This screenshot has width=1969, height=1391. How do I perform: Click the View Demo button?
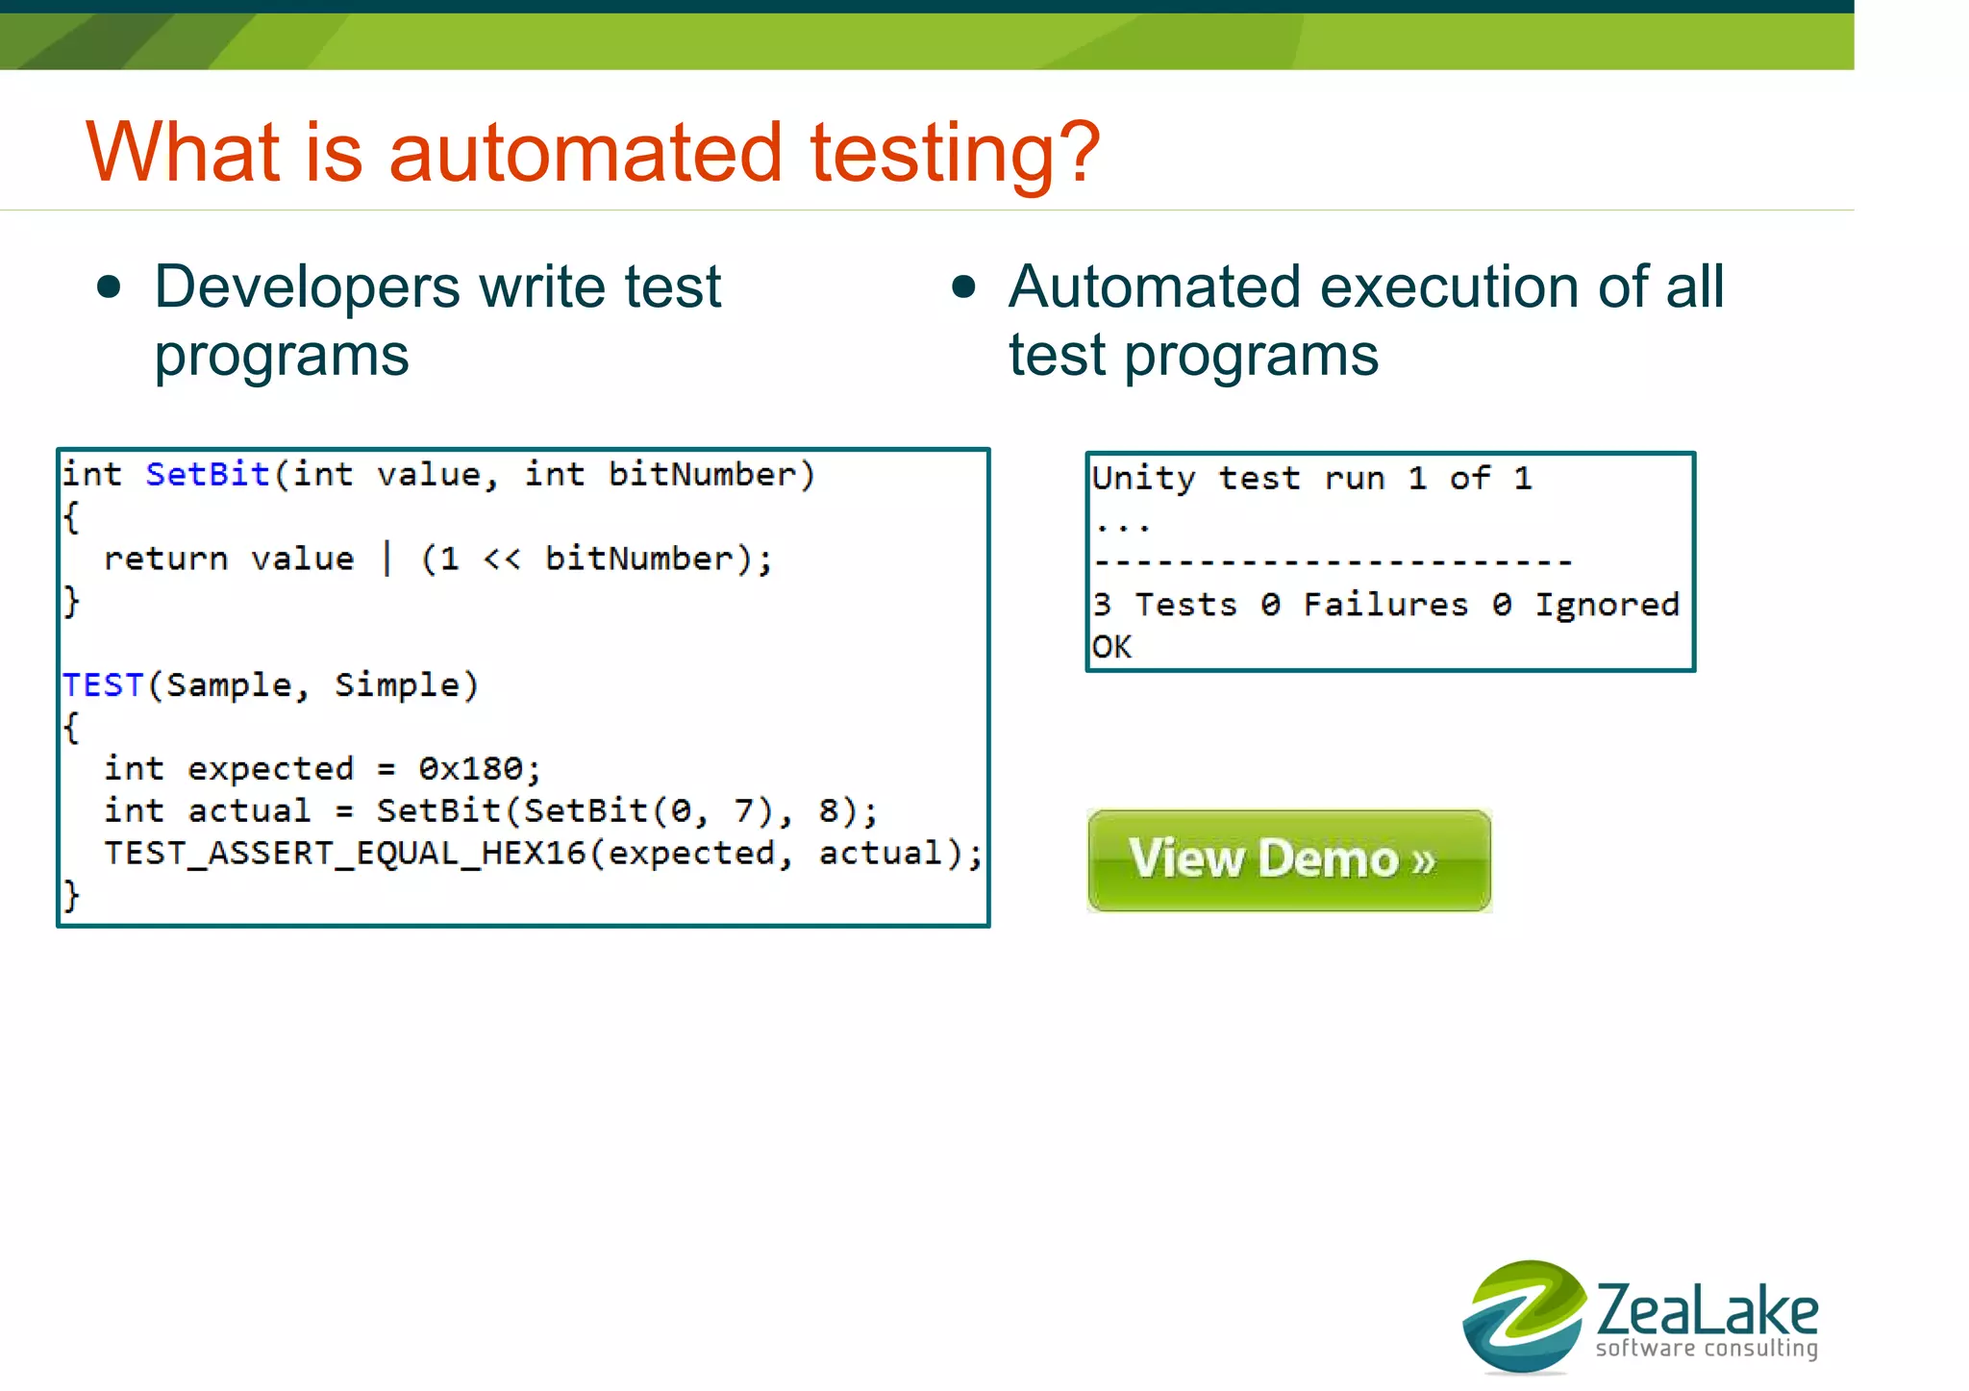click(1288, 859)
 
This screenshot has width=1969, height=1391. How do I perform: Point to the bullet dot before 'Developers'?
click(110, 287)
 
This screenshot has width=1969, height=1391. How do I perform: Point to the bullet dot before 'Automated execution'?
click(963, 287)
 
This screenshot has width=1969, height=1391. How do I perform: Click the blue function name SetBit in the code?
click(207, 475)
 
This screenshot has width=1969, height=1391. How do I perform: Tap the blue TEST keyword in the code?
click(103, 685)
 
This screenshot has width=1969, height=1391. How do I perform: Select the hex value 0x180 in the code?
click(471, 769)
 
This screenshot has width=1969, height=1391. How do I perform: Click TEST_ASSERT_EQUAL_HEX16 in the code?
click(344, 854)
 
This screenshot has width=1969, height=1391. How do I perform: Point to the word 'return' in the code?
click(165, 559)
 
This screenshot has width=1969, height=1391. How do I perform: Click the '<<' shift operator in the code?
click(501, 559)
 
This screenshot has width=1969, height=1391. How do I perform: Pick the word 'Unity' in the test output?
click(1143, 479)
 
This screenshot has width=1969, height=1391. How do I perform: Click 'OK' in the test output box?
click(1111, 647)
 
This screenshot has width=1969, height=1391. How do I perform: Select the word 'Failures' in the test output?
click(1385, 606)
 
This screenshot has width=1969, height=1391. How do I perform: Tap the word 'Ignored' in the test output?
click(1607, 606)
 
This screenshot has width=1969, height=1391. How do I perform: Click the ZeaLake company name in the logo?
click(1707, 1309)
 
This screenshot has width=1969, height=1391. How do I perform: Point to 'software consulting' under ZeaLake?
click(1707, 1349)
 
